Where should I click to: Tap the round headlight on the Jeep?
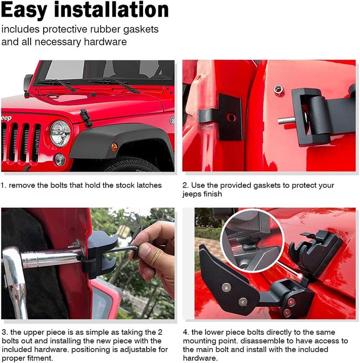(x=59, y=133)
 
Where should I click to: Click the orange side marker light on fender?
(x=114, y=147)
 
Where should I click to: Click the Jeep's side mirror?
(x=28, y=83)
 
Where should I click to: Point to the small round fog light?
(x=59, y=159)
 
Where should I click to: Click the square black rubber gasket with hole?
(x=229, y=117)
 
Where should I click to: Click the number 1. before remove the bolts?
(x=4, y=185)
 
